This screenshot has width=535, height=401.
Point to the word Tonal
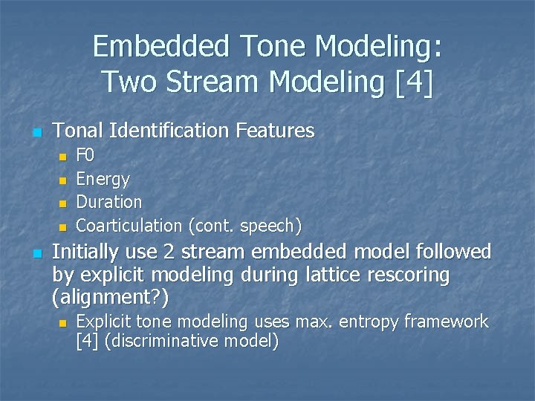[x=79, y=131]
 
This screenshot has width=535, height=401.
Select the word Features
[x=275, y=131]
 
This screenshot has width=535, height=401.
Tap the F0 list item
[x=85, y=156]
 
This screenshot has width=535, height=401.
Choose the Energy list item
[x=103, y=179]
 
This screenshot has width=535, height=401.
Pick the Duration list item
[x=109, y=202]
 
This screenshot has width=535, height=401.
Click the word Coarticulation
[x=129, y=225]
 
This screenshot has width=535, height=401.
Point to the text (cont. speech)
[x=244, y=225]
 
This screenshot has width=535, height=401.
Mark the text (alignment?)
[x=111, y=299]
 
